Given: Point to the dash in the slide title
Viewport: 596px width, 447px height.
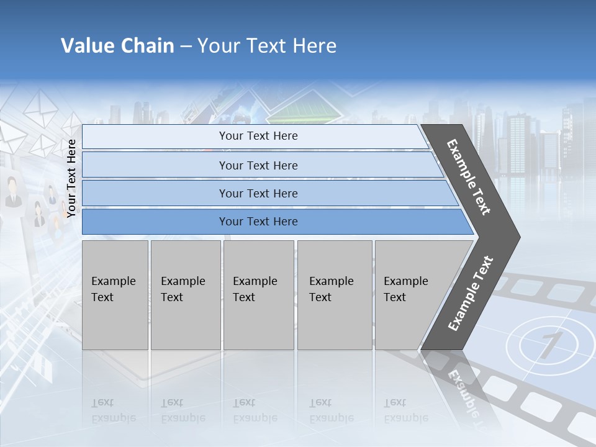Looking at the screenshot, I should pyautogui.click(x=186, y=47).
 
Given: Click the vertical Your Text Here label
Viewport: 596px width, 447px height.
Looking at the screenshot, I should pyautogui.click(x=71, y=178).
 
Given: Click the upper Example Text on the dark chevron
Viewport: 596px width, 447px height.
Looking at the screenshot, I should pyautogui.click(x=469, y=177).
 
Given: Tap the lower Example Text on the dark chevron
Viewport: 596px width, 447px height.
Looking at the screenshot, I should pyautogui.click(x=470, y=294).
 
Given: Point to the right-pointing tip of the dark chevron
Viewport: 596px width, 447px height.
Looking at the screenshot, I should pyautogui.click(x=518, y=237).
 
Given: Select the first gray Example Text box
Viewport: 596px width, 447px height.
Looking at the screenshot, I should pyautogui.click(x=115, y=295).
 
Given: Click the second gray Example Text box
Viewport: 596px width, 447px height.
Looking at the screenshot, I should pyautogui.click(x=186, y=295).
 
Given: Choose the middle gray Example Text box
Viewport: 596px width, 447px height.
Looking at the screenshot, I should pyautogui.click(x=258, y=295).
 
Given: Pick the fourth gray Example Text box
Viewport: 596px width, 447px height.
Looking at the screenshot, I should pyautogui.click(x=335, y=295).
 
